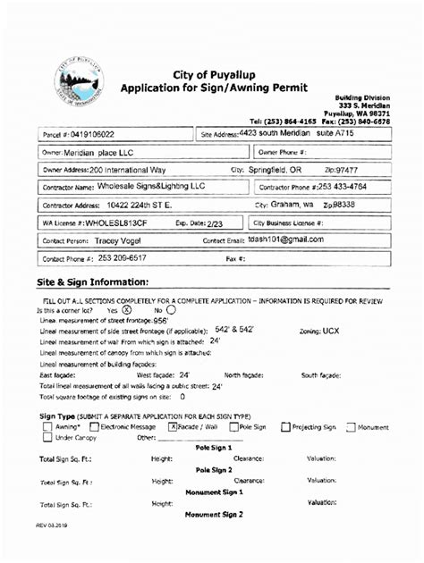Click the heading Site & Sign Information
click(92, 282)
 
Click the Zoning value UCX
click(331, 330)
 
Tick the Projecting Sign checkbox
click(285, 427)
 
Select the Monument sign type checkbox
click(351, 427)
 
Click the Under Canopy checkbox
click(47, 438)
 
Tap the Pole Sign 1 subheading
click(214, 448)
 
